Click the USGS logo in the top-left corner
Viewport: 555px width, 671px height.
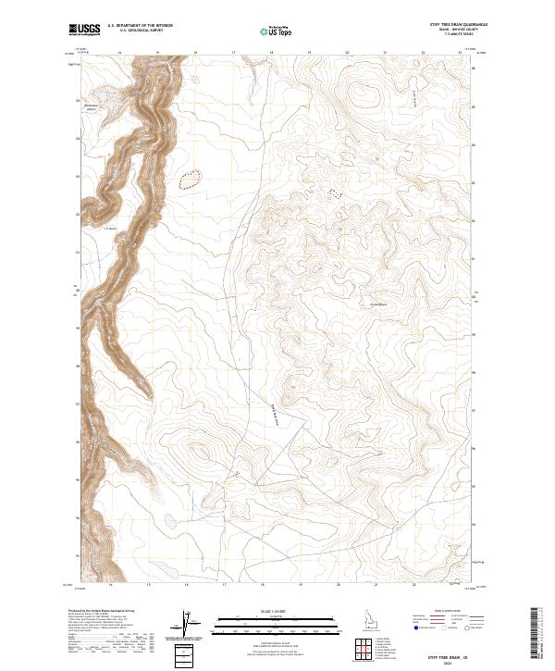click(x=85, y=30)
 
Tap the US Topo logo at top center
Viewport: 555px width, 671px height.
click(x=277, y=30)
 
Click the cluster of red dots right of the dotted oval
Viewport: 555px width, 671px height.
click(x=332, y=193)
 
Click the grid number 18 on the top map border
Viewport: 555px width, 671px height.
click(x=271, y=54)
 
